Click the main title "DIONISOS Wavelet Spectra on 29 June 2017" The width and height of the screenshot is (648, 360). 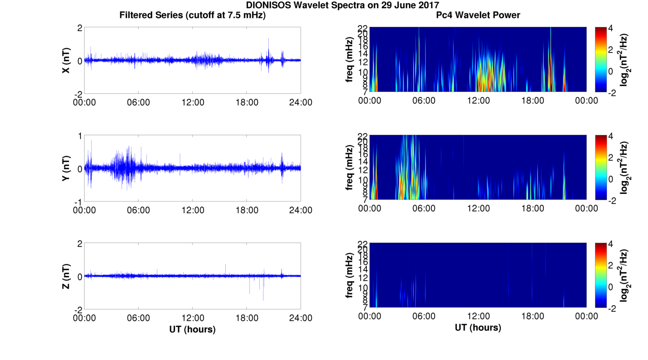(342, 5)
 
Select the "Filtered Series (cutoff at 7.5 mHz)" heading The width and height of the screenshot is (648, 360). (192, 16)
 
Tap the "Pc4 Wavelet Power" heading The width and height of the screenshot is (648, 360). (478, 16)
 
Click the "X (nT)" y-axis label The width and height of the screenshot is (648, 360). (66, 60)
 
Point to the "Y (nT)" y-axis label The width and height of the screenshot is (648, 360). (66, 168)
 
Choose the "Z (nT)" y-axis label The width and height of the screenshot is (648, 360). (66, 276)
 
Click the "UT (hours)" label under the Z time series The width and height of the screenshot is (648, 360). (192, 329)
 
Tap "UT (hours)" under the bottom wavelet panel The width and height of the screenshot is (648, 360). (478, 328)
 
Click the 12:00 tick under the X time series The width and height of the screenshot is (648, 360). (192, 102)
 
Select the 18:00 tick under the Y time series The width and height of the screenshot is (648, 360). (247, 210)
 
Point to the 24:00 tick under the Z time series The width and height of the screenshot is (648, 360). (300, 318)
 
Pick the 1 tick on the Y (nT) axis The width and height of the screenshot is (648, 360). (80, 136)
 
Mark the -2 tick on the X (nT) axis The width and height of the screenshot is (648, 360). (78, 94)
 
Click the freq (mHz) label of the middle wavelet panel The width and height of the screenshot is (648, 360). (350, 168)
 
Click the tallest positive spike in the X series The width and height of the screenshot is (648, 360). (268, 39)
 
